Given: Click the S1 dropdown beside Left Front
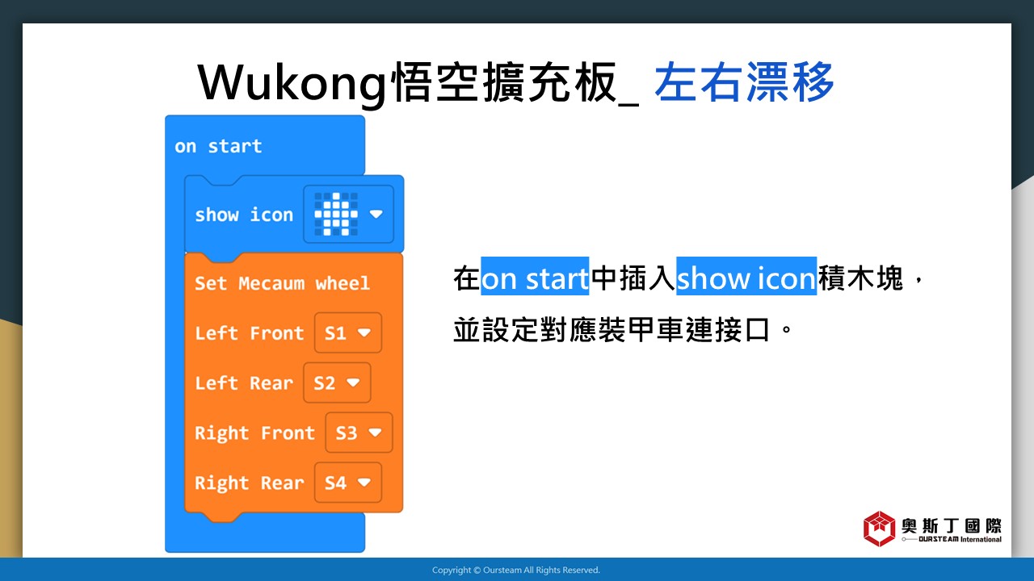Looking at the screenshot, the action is point(348,333).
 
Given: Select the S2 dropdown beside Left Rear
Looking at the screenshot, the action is point(337,382).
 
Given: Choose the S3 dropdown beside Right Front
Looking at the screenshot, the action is point(359,433).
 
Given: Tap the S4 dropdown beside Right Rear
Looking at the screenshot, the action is point(348,483).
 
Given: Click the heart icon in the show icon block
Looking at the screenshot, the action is point(336,215).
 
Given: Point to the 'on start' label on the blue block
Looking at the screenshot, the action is point(218,147).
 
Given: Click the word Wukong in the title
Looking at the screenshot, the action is point(292,83).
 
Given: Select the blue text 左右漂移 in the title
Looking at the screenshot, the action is point(744,82).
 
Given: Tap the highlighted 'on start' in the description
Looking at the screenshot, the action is point(535,277).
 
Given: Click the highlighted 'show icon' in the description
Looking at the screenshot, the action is point(746,277).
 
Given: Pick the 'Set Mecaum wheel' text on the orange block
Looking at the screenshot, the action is point(282,283).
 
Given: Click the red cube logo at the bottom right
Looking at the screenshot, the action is point(880,529).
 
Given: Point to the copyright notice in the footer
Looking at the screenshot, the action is point(516,570).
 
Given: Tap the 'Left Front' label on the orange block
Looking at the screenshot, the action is point(250,333).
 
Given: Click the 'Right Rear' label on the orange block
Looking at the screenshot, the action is point(250,483).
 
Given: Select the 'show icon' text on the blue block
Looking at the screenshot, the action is point(244,215).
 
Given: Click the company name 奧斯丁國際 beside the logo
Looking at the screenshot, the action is point(952,525).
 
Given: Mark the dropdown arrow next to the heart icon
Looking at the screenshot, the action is point(376,214).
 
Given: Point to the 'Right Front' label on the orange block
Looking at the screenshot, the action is point(254,433).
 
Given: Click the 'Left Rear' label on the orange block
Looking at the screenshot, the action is point(244,382).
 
